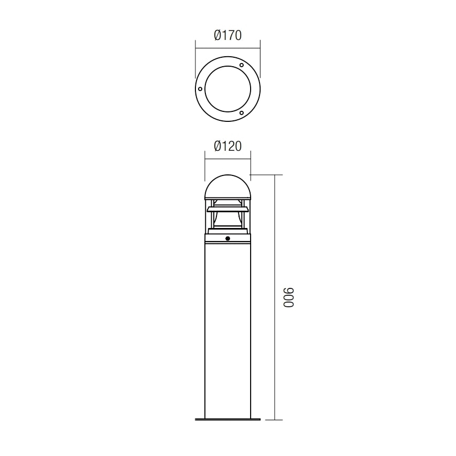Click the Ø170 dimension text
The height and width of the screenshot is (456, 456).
point(227,36)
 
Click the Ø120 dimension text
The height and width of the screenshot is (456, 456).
point(227,147)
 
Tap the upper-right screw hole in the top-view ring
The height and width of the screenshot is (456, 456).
point(241,65)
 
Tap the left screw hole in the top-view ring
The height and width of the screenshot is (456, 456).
point(200,89)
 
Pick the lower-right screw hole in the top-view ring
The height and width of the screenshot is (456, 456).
point(241,112)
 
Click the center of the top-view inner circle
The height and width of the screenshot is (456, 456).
point(227,89)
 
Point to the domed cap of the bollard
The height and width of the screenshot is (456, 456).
point(227,186)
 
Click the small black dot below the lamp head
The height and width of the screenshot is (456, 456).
point(227,239)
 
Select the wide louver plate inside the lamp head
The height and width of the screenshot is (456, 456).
point(227,209)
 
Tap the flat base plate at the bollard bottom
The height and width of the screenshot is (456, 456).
point(227,419)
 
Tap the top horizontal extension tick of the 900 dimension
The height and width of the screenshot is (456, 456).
point(268,175)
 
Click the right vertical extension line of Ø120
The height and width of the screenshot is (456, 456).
point(251,163)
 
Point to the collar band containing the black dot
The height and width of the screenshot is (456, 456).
point(213,239)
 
